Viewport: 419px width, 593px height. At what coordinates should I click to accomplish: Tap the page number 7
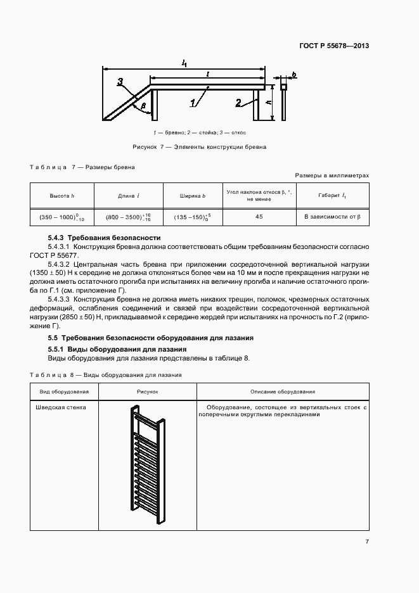(x=367, y=541)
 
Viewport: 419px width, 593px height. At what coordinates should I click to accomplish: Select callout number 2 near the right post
(x=237, y=101)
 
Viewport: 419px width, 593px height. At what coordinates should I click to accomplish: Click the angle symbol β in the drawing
(x=144, y=105)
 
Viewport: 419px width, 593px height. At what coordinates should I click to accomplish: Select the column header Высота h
(x=62, y=196)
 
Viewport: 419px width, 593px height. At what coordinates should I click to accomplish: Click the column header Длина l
(x=129, y=196)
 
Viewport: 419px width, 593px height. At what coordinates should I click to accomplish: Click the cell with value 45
(x=259, y=217)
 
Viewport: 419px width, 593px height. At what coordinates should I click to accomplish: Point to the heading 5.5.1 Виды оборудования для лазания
(x=117, y=349)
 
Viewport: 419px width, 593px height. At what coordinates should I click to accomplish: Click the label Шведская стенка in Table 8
(x=63, y=407)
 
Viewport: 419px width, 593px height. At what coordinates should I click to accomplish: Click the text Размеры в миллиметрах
(x=332, y=175)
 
